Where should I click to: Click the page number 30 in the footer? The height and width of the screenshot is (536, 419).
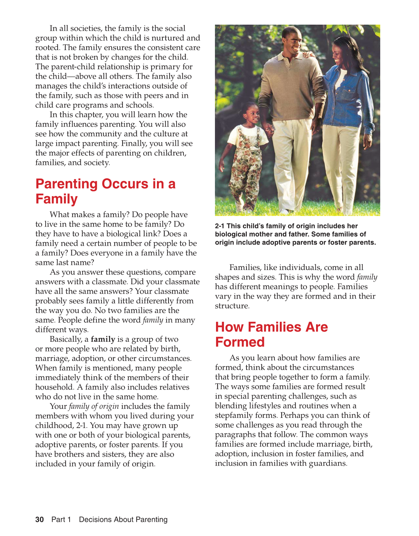click(40, 519)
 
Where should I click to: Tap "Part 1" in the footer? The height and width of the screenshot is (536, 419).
click(61, 519)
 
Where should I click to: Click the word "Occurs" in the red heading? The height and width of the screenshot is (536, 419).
click(125, 184)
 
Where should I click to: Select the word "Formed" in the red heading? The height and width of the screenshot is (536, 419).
click(240, 342)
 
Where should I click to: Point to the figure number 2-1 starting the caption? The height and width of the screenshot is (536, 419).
click(220, 226)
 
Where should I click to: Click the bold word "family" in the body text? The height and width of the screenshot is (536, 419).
click(103, 339)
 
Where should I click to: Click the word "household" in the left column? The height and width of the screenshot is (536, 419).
click(54, 387)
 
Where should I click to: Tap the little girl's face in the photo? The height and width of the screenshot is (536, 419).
click(252, 114)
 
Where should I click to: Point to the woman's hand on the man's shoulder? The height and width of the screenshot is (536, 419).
click(308, 55)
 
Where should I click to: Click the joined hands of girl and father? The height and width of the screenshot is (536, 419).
click(269, 130)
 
